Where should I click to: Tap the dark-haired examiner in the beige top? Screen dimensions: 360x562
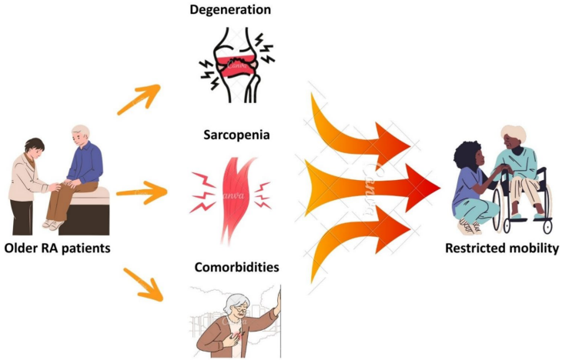(x=33, y=181)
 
